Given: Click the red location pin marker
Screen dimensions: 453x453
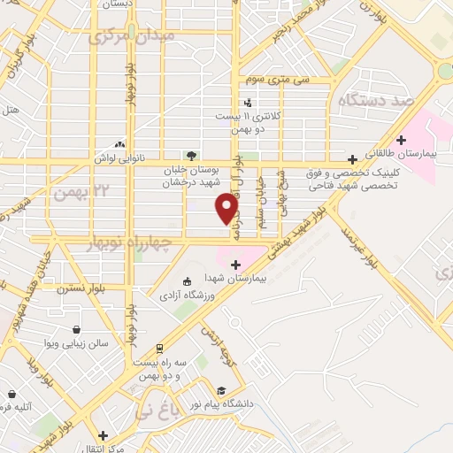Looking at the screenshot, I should click(227, 208).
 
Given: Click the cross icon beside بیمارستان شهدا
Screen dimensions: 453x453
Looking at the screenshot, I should click(235, 264).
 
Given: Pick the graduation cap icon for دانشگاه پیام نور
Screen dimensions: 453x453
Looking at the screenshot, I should click(219, 390).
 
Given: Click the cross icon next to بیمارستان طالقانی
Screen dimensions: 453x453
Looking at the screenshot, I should click(402, 140).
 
